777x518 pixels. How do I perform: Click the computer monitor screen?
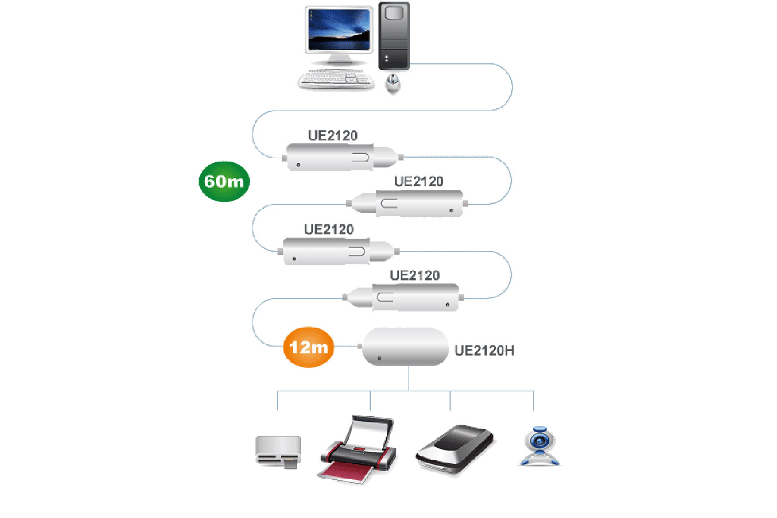pos(339,30)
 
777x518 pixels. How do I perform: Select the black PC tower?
pos(394,36)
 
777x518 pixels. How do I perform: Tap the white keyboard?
pos(335,79)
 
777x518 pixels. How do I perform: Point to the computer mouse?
pos(393,83)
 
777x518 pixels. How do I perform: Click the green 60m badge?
pos(224,182)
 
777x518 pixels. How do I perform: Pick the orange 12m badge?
pos(309,348)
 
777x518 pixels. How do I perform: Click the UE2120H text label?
pos(484,351)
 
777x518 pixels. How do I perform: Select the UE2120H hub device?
pos(405,347)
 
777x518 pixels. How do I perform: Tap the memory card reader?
pos(278,451)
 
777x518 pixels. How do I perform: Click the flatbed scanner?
pos(455,449)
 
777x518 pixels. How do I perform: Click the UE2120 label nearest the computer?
pos(332,135)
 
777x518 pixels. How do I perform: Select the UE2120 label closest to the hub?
pos(415,275)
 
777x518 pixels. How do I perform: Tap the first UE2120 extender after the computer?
pos(340,157)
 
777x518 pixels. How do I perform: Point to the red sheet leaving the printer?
pos(346,472)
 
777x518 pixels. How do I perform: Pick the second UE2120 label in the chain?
pos(418,182)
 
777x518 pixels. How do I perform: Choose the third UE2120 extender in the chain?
pos(336,252)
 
